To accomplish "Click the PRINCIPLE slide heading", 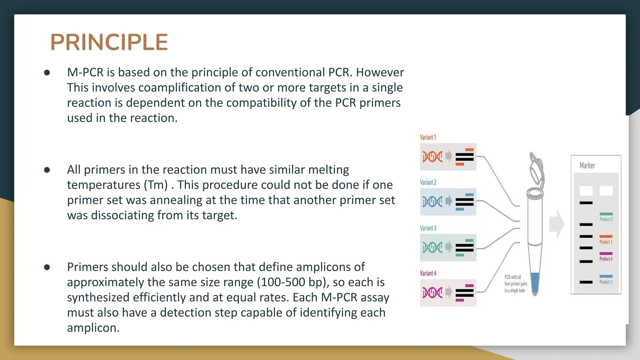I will coord(109,42).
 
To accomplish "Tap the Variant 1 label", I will coord(427,137).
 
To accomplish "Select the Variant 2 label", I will coord(428,182).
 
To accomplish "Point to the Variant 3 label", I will coord(428,228).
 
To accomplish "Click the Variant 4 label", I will coord(428,273).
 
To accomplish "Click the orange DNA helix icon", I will coord(432,157).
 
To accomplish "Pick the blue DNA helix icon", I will coord(432,202).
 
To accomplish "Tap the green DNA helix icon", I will coord(432,247).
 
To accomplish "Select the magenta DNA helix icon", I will coord(432,293).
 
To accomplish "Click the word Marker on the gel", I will coord(587,166).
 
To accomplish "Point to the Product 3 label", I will coord(606,219).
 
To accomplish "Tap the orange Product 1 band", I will coord(606,237).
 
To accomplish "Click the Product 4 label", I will coord(606,259).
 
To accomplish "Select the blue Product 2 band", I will coord(606,276).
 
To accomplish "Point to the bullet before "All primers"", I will coord(47,170).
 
